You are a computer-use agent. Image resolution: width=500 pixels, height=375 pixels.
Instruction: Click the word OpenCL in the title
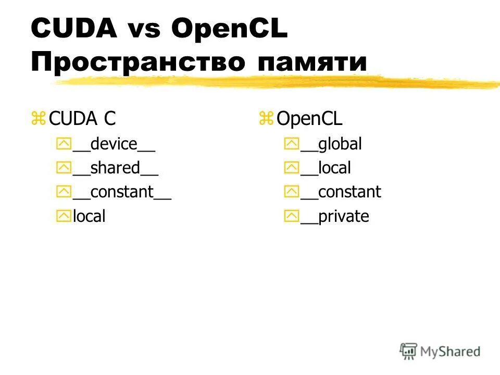pyautogui.click(x=230, y=29)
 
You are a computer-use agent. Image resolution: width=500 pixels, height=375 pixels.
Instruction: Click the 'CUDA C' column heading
pyautogui.click(x=82, y=119)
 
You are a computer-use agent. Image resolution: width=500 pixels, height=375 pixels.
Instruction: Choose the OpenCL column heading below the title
pyautogui.click(x=309, y=119)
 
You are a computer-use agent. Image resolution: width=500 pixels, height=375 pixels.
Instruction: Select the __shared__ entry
pyautogui.click(x=115, y=168)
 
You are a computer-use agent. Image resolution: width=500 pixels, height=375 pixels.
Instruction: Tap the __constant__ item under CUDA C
pyautogui.click(x=122, y=192)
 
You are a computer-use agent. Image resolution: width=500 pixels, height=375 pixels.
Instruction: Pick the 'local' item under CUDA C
pyautogui.click(x=89, y=216)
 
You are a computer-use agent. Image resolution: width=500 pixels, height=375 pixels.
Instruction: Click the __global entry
pyautogui.click(x=331, y=144)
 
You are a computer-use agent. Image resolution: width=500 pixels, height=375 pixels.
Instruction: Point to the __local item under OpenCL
pyautogui.click(x=326, y=168)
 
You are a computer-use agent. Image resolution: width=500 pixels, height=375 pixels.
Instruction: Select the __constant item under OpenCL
pyautogui.click(x=341, y=192)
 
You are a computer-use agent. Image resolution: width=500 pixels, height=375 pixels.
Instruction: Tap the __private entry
pyautogui.click(x=334, y=216)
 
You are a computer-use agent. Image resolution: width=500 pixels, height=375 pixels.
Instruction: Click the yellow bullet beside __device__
pyautogui.click(x=63, y=145)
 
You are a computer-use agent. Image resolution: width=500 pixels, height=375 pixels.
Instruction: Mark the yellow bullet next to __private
pyautogui.click(x=291, y=217)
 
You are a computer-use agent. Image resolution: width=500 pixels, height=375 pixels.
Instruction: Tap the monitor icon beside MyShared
pyautogui.click(x=408, y=351)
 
